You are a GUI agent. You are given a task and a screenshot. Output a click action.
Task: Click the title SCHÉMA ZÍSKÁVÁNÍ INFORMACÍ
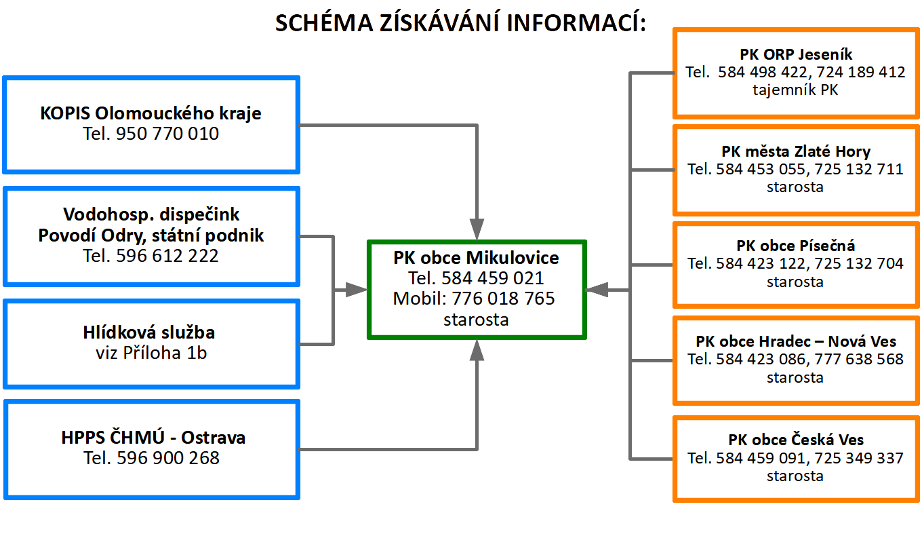point(460,22)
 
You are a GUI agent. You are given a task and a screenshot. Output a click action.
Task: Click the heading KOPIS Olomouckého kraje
point(151,113)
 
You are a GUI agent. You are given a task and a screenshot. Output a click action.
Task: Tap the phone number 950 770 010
point(167,134)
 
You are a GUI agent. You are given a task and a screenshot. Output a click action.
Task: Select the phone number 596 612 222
point(167,255)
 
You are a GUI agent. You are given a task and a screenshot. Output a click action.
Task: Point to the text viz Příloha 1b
point(151,353)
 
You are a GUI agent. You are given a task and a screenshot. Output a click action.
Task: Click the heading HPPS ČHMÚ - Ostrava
point(153,438)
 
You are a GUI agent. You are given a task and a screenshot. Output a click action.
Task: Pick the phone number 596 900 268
point(168,458)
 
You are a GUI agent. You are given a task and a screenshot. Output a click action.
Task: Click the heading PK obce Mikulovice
point(476,258)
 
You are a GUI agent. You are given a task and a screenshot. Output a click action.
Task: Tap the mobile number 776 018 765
point(503,299)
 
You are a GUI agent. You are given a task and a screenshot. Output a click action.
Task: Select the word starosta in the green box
point(476,320)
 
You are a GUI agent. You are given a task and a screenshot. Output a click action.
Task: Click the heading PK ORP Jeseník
point(796,54)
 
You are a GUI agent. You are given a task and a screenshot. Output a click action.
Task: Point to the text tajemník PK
point(795,90)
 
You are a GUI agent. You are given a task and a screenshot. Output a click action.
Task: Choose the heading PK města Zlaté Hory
point(796,151)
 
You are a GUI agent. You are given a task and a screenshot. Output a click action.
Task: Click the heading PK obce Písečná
point(796,246)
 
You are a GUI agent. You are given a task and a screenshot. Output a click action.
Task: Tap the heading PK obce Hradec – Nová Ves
point(796,341)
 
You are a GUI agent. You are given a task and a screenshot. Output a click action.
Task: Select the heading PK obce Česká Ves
point(796,440)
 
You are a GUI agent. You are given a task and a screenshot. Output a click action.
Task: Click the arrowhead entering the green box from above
point(477,229)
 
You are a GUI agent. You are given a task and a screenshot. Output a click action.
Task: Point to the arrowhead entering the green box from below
point(477,350)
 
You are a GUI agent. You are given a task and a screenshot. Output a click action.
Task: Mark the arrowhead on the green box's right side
point(597,290)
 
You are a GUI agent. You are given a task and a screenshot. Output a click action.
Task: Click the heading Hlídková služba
point(149,332)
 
